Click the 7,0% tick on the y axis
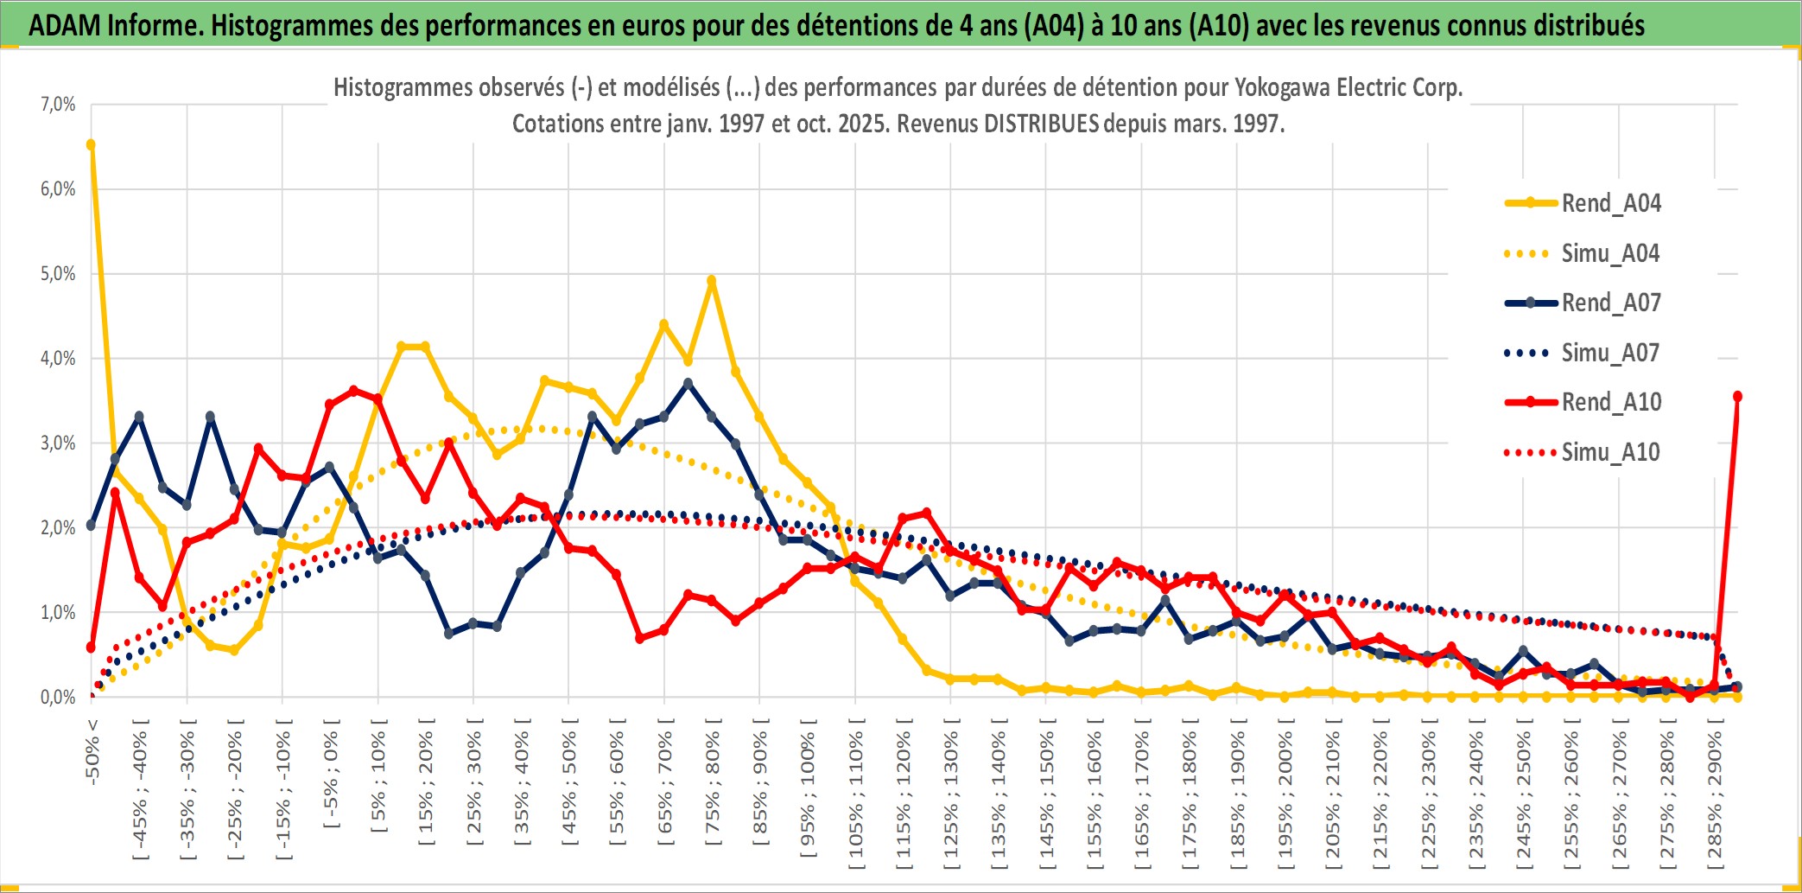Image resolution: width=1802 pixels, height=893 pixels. pos(58,105)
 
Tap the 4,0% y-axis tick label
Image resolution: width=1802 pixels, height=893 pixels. pos(58,359)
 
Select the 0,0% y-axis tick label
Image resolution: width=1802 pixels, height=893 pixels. pos(58,698)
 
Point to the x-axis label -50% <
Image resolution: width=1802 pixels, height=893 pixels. pos(92,752)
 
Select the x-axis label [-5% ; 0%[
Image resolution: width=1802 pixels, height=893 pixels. pos(331,774)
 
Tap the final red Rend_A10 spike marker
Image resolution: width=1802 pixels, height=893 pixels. pos(1737,397)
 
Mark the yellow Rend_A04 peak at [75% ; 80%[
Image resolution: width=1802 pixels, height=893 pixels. pos(712,281)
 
